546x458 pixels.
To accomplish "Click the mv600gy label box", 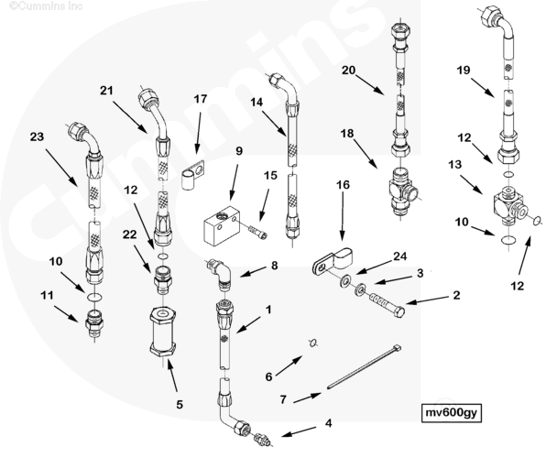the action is point(452,413).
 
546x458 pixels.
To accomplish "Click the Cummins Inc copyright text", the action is point(46,5).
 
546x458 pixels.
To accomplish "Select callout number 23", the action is point(37,136).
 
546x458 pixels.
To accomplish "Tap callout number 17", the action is point(201,99).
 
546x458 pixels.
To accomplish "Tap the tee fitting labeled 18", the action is point(404,190).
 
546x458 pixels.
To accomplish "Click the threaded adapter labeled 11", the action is point(94,322).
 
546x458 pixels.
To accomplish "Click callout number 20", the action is point(348,70).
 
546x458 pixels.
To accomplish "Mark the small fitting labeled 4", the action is point(263,438).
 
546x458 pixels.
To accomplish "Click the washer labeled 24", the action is point(345,279).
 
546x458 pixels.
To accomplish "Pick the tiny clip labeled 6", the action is point(313,343).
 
